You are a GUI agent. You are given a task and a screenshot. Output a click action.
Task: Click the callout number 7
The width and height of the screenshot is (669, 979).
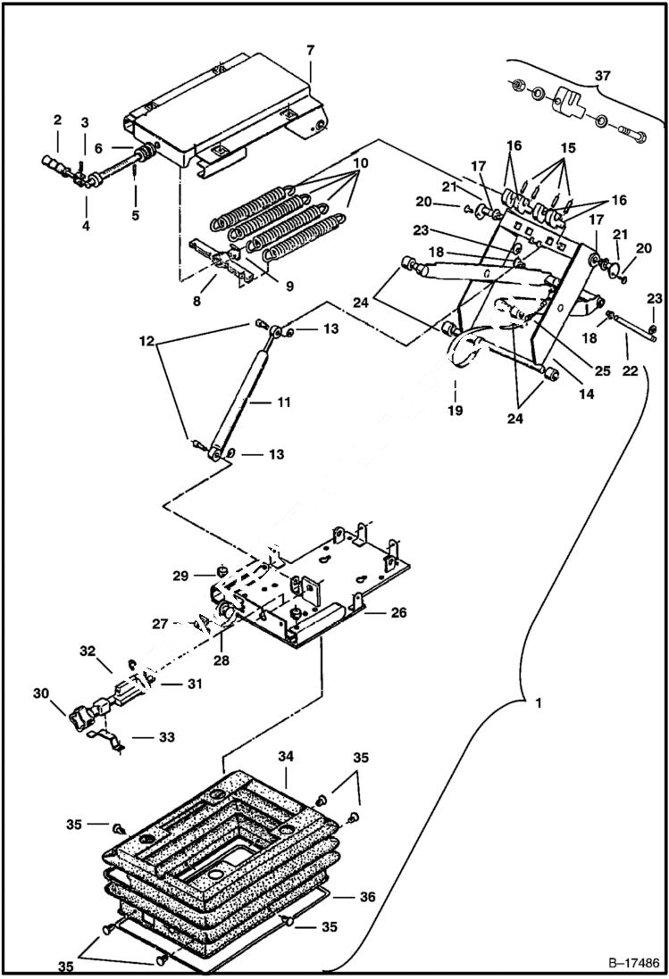(x=310, y=51)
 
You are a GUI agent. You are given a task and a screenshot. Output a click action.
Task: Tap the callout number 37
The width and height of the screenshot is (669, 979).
(x=604, y=76)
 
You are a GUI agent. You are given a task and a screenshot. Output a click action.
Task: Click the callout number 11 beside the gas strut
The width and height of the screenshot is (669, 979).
(x=283, y=402)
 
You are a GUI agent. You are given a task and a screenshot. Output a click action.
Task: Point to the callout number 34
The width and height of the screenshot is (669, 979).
(x=285, y=756)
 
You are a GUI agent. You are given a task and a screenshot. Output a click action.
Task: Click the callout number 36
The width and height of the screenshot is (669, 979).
(x=366, y=897)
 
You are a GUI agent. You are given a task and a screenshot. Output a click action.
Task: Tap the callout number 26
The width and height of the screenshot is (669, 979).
(x=398, y=612)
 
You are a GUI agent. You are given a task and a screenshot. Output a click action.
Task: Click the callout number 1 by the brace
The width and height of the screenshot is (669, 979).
(x=538, y=704)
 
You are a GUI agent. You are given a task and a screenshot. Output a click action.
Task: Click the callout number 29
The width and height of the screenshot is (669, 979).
(x=181, y=577)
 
